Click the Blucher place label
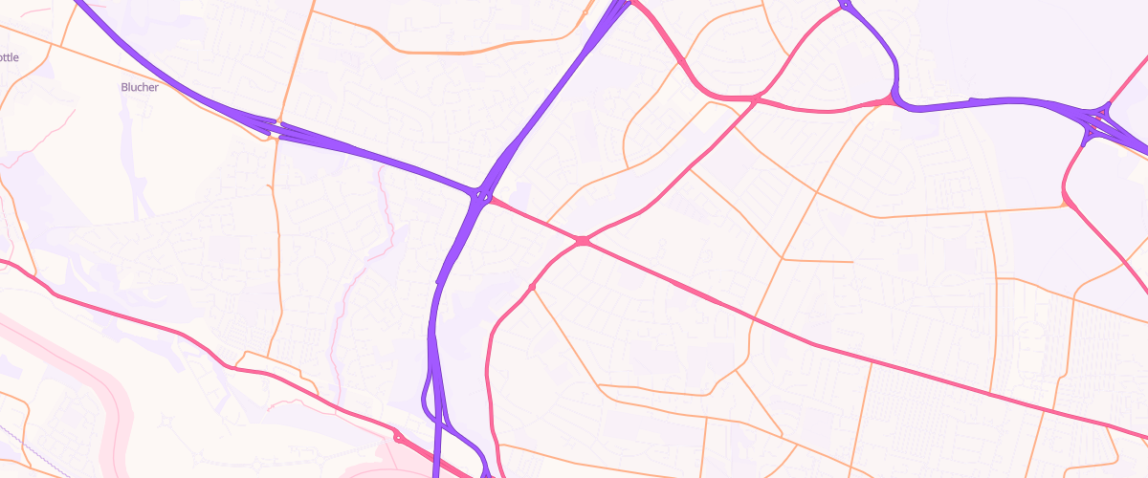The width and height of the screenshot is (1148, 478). pyautogui.click(x=140, y=87)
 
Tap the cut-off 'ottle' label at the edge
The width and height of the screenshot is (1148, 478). pyautogui.click(x=9, y=57)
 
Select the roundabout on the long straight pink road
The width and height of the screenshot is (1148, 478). pyautogui.click(x=583, y=241)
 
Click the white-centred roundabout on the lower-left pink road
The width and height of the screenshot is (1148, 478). pyautogui.click(x=398, y=438)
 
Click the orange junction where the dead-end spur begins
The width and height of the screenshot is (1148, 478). pyautogui.click(x=784, y=258)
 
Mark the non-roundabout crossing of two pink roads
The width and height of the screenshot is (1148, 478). pyautogui.click(x=755, y=98)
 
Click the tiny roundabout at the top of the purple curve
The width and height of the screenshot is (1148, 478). pyautogui.click(x=845, y=6)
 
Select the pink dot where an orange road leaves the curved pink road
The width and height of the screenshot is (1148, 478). pyautogui.click(x=531, y=287)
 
